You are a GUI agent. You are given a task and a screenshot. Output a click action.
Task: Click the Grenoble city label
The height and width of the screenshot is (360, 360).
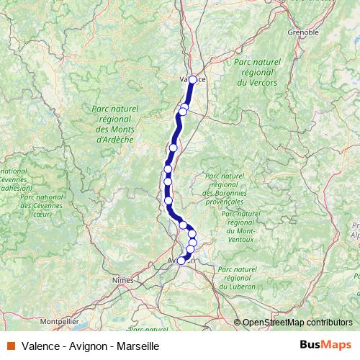(x=303, y=32)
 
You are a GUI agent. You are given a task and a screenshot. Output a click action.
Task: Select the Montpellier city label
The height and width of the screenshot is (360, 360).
(x=58, y=318)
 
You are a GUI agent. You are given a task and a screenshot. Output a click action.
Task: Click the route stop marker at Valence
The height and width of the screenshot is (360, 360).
(x=192, y=80)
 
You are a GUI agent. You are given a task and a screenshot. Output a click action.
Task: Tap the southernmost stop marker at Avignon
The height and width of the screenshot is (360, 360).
(x=181, y=261)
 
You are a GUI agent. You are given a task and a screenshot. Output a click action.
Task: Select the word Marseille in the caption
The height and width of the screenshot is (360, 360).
(x=135, y=346)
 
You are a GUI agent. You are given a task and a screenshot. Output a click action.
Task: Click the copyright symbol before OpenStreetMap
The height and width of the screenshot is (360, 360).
(x=238, y=323)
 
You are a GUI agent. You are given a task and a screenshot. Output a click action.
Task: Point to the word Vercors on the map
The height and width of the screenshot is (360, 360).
(x=256, y=84)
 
